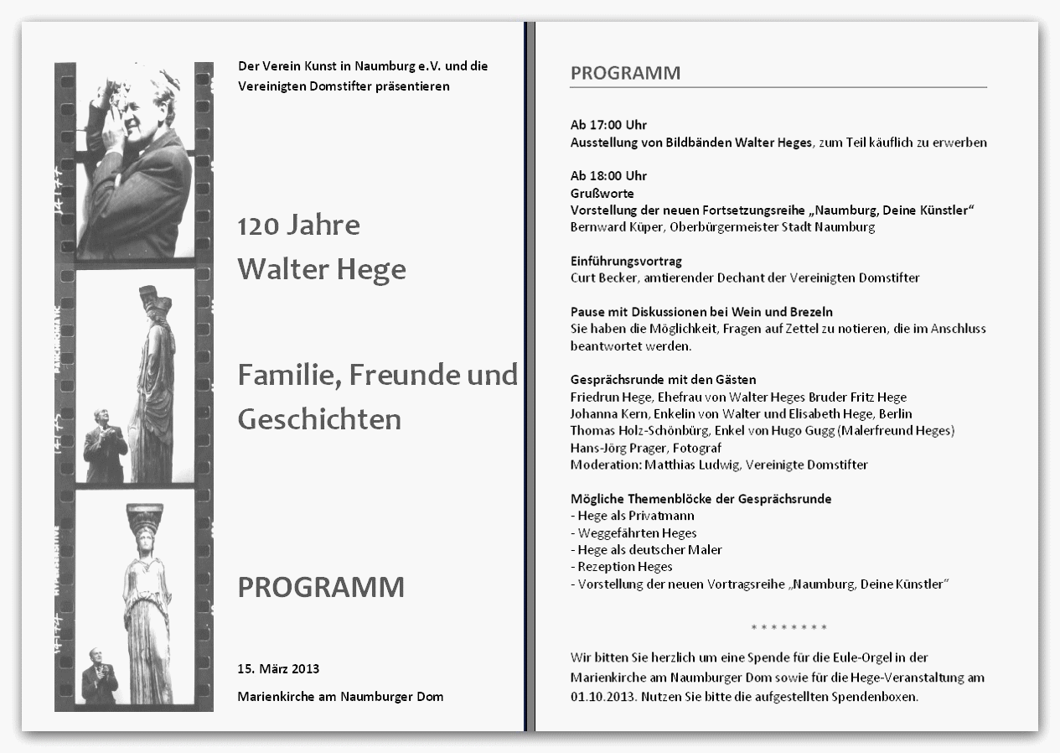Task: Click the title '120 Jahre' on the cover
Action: [x=298, y=226]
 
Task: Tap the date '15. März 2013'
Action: [x=278, y=669]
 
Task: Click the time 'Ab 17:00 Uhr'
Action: [x=608, y=125]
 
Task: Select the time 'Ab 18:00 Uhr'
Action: [x=608, y=176]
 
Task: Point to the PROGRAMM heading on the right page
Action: [x=625, y=73]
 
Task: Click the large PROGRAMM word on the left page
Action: [x=321, y=587]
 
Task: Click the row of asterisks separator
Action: [x=789, y=627]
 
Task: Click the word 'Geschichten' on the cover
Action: [x=319, y=418]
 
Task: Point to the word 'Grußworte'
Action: [x=602, y=193]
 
